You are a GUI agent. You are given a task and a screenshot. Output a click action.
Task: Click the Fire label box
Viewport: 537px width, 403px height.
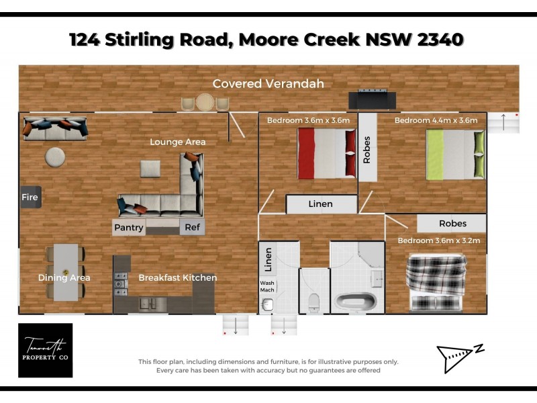tap(30, 197)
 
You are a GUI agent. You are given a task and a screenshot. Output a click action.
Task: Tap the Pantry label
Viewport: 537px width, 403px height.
tap(129, 228)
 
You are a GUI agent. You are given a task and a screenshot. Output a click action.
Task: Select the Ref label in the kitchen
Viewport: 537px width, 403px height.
tap(192, 228)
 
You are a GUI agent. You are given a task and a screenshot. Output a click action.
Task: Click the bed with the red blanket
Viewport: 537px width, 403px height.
tap(326, 154)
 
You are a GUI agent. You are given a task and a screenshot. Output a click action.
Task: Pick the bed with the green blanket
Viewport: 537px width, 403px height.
tap(455, 154)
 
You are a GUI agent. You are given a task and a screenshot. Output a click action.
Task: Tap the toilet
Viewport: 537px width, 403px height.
tap(313, 301)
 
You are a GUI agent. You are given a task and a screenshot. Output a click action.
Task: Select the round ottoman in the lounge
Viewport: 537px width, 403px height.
tap(55, 157)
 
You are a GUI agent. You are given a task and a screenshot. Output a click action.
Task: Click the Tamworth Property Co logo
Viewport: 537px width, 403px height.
tap(45, 350)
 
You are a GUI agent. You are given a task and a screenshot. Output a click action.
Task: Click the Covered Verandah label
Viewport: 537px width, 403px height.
tap(268, 83)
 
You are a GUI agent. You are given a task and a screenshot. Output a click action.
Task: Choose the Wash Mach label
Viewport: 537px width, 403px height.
tap(267, 286)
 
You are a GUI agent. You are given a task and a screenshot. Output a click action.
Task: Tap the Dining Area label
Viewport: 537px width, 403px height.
tap(64, 277)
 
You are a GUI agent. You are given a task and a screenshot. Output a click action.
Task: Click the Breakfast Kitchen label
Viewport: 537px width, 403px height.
tap(177, 277)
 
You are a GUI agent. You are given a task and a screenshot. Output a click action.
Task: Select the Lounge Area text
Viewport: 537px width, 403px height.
tap(177, 142)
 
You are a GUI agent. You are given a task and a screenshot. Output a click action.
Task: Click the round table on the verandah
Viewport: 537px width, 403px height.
tap(205, 103)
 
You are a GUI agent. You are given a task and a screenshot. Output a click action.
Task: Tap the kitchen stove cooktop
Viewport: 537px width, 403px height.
tap(121, 283)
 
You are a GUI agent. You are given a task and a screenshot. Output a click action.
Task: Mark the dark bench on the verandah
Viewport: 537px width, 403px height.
tap(372, 100)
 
